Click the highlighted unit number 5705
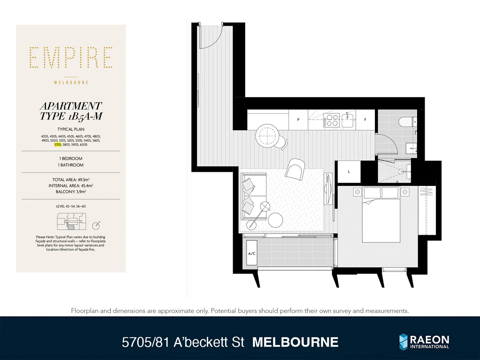click(58, 145)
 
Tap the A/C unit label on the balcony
click(252, 253)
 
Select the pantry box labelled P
click(298, 120)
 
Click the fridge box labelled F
click(365, 120)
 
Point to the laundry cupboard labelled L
click(349, 172)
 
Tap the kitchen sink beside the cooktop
click(348, 120)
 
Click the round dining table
click(267, 136)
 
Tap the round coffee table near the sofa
click(275, 220)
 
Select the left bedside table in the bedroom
click(357, 192)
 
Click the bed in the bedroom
click(381, 215)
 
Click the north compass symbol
click(96, 226)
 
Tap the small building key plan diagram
click(71, 222)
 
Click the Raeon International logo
click(424, 342)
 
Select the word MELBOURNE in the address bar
click(295, 342)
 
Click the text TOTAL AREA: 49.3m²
click(71, 180)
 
